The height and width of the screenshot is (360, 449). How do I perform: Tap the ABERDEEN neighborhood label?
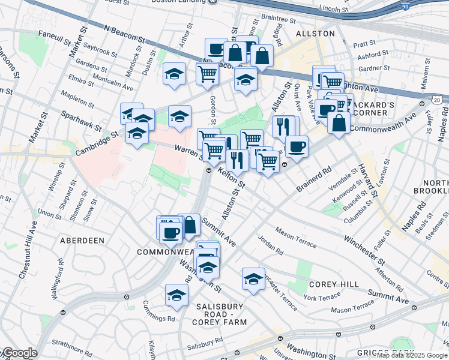[x=82, y=240]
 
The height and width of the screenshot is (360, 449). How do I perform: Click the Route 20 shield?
[x=437, y=99]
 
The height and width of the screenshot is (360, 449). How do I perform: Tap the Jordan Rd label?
[x=270, y=243]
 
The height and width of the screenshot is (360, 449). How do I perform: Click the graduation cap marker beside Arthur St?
[x=174, y=74]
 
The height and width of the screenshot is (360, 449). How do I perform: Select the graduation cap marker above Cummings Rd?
[x=176, y=295]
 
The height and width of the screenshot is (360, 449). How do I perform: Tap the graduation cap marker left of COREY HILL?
[x=254, y=278]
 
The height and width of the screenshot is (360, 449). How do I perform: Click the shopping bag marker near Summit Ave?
[x=190, y=225]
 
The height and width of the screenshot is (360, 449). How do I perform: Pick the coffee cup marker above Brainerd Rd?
[x=297, y=146]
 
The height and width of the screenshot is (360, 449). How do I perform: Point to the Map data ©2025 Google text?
[x=412, y=355]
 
